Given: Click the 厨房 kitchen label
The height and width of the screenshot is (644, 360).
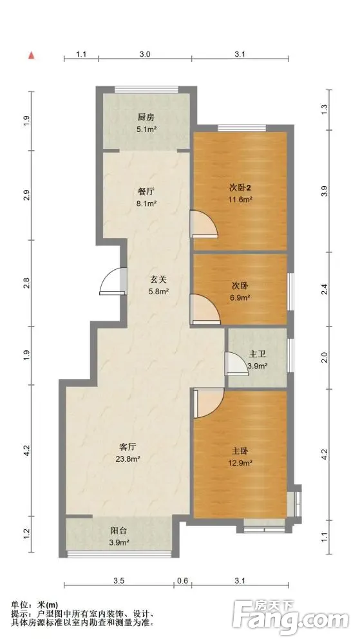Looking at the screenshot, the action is (x=146, y=117).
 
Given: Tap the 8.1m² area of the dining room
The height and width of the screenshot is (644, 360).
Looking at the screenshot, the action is (x=146, y=203).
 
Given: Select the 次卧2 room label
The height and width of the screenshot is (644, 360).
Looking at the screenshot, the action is (x=240, y=188).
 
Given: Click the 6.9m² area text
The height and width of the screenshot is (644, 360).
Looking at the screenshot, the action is (x=240, y=297).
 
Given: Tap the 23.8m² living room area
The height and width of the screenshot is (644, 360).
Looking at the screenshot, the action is (x=128, y=459).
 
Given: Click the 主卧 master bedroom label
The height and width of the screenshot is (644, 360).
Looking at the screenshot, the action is (x=240, y=451).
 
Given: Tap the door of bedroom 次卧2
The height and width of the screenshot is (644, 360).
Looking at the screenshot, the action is (x=204, y=224).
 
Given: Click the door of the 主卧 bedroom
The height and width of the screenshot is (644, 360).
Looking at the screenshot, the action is (x=208, y=403).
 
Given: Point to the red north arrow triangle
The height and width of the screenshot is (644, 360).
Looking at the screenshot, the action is (x=31, y=55).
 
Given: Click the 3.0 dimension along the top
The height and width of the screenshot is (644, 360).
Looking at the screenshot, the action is (x=145, y=54).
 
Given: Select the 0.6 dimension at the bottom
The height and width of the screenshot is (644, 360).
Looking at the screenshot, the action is (x=183, y=581).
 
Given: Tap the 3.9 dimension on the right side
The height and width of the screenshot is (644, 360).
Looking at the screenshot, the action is (x=325, y=191).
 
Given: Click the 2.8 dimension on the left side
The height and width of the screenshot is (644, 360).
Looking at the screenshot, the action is (x=26, y=283).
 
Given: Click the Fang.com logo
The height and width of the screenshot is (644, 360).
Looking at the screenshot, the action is (x=290, y=616).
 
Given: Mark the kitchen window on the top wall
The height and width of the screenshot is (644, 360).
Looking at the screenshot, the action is (x=147, y=90).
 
